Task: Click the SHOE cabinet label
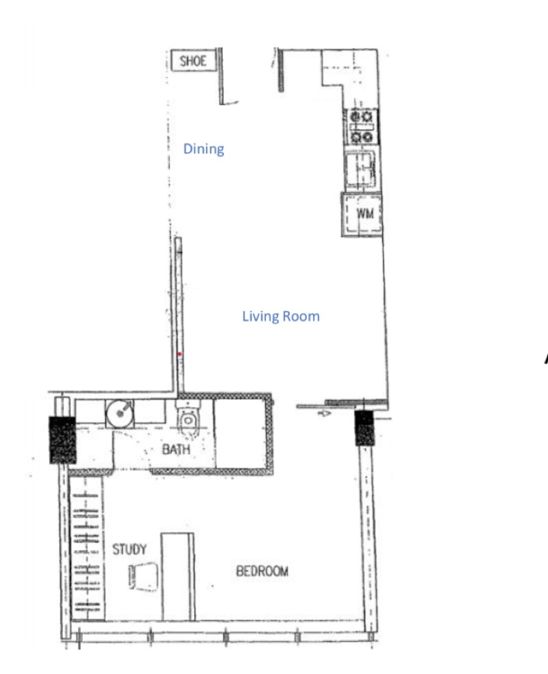tap(193, 61)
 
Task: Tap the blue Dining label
tap(203, 149)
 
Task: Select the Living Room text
tap(281, 316)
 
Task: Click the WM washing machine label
tap(365, 213)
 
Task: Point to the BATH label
tap(176, 449)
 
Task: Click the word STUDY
tap(129, 549)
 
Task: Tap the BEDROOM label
tap(262, 571)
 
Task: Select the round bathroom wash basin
tap(120, 414)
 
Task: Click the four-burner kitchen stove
tap(362, 126)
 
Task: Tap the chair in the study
tap(144, 576)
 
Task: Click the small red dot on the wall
tap(179, 354)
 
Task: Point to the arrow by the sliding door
tap(324, 413)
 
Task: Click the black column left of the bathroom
tap(63, 440)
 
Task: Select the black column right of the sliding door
tap(364, 427)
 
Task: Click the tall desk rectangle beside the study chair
tap(177, 577)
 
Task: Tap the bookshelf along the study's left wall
tap(87, 548)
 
